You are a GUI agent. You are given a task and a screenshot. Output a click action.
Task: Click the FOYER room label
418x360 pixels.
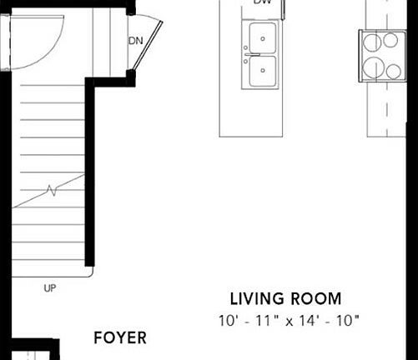tap(120, 337)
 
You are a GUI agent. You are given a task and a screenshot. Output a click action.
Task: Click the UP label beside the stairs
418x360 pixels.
tap(50, 288)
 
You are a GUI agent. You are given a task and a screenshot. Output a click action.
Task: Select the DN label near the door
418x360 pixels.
tap(134, 41)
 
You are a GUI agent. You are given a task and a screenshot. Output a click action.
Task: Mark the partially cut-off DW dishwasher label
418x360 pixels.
tap(261, 2)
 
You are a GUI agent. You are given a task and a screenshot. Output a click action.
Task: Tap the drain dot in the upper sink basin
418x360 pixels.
tap(262, 37)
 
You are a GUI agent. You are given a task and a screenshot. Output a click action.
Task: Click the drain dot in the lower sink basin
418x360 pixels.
tap(262, 72)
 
